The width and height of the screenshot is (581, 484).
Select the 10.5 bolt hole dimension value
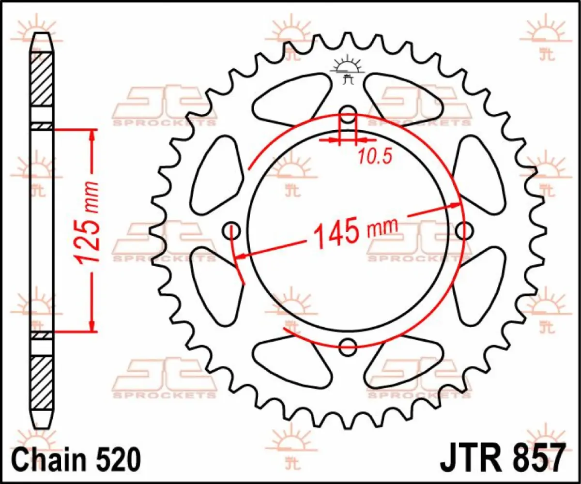[x=374, y=156]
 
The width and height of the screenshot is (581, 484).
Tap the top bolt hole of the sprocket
[x=348, y=116]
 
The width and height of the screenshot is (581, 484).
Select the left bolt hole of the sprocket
[x=232, y=231]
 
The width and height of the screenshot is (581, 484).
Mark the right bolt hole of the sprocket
[x=463, y=231]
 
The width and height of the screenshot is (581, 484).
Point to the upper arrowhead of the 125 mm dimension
[x=91, y=136]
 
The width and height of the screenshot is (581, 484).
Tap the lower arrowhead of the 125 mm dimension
[x=91, y=325]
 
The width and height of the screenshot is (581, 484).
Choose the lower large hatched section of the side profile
[x=42, y=382]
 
